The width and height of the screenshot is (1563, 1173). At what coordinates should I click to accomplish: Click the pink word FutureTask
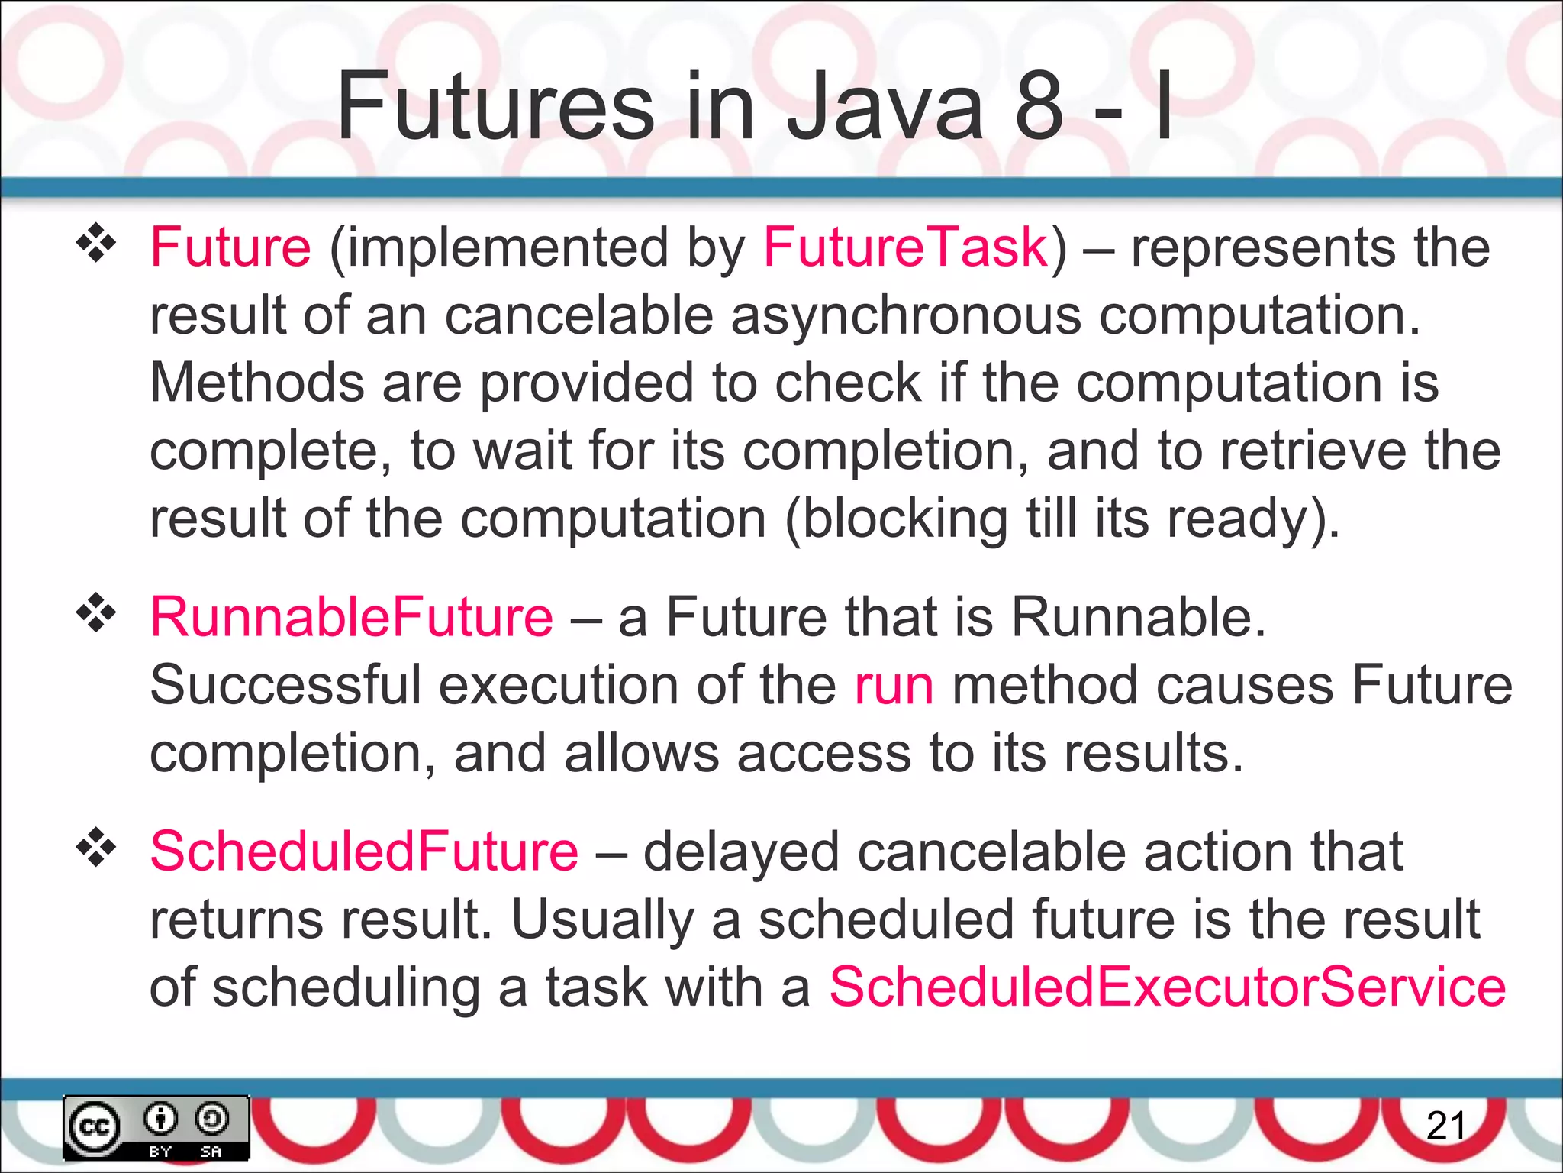tap(906, 247)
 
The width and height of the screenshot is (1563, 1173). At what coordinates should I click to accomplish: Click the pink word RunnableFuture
tap(351, 617)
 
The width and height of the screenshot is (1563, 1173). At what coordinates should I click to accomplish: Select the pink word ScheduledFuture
tap(364, 851)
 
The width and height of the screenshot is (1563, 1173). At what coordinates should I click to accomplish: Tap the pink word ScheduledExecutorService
tap(1167, 987)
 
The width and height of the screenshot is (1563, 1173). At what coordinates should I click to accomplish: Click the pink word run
tap(894, 685)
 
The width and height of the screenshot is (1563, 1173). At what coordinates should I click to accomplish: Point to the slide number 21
tap(1445, 1126)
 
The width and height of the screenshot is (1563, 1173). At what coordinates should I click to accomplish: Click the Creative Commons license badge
tap(156, 1128)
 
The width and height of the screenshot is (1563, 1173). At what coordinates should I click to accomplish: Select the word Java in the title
tap(885, 106)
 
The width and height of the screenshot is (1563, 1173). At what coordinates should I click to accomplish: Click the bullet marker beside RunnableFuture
tap(96, 613)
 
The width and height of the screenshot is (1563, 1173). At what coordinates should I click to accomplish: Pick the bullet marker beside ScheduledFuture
tap(96, 848)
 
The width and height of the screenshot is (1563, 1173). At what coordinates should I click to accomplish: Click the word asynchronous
tap(906, 316)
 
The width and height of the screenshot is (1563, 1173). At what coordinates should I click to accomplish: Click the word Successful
tap(285, 685)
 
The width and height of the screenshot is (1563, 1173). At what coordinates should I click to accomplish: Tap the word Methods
tap(256, 383)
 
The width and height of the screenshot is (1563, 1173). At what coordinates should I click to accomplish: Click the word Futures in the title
tap(495, 106)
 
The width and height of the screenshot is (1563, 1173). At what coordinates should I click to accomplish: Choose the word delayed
tap(741, 851)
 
